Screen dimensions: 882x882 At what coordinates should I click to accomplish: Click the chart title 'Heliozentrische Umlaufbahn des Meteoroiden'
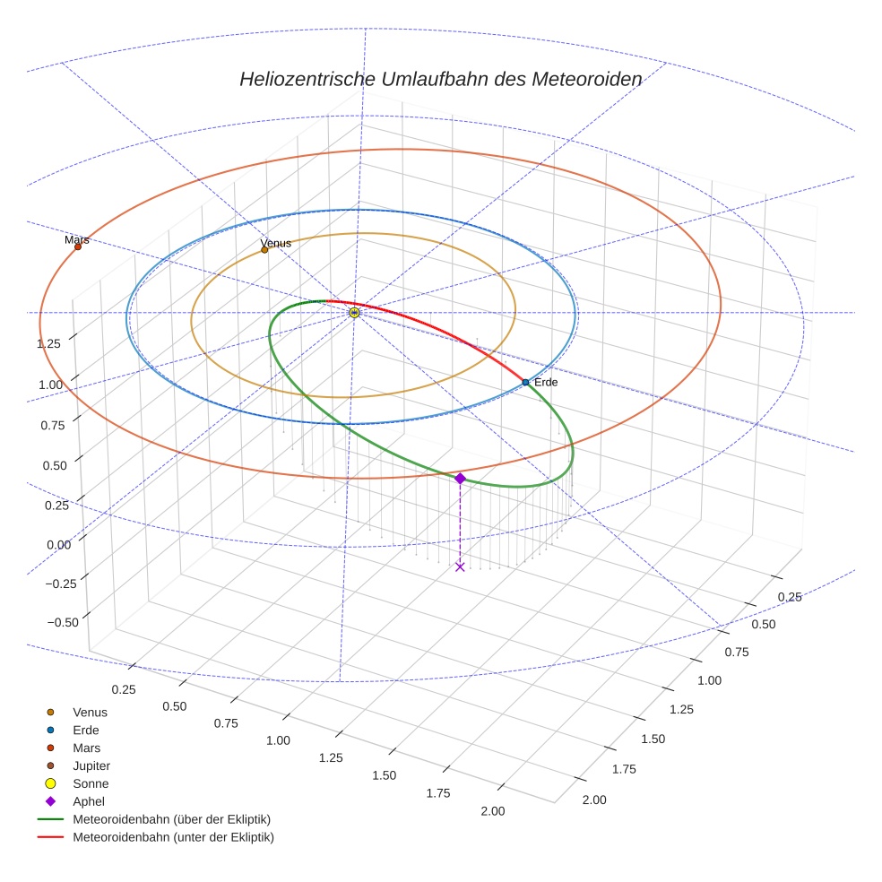(x=440, y=79)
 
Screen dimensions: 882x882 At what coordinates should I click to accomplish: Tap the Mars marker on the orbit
(x=78, y=246)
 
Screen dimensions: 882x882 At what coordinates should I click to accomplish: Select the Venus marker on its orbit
(x=264, y=250)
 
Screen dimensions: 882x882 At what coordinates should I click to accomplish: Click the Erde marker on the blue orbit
(x=525, y=383)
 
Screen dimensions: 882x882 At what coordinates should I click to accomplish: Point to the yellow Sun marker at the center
(x=354, y=312)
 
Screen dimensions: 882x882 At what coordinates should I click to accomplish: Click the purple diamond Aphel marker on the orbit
(x=460, y=479)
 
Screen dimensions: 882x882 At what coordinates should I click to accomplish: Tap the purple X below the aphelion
(x=460, y=566)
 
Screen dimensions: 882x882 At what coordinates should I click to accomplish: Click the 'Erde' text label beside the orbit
(x=546, y=383)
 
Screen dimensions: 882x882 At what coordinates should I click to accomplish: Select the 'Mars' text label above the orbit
(x=77, y=239)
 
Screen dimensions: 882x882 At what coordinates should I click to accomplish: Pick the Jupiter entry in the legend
(x=91, y=765)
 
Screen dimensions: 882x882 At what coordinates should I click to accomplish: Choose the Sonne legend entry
(x=91, y=783)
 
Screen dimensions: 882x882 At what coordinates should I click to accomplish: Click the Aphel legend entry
(x=88, y=801)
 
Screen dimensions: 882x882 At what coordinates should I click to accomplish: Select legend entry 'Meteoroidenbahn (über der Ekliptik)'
(x=171, y=819)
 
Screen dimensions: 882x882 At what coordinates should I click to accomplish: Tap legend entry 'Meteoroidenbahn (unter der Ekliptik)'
(x=173, y=837)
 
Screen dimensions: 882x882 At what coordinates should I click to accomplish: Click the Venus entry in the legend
(x=90, y=712)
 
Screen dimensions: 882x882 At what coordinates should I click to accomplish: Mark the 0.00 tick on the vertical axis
(x=60, y=544)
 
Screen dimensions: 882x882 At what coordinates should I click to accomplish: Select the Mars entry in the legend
(x=86, y=748)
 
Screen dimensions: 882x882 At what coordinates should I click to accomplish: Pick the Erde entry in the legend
(x=86, y=730)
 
